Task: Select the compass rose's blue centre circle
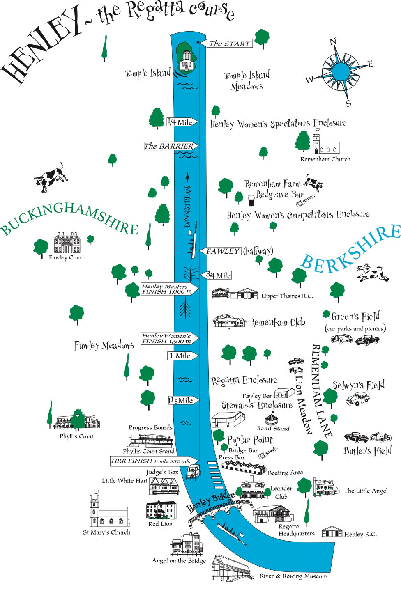341,71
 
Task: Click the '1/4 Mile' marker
181,122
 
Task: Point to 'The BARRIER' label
170,146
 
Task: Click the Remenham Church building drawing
326,145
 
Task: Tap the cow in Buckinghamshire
51,178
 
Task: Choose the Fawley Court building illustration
67,243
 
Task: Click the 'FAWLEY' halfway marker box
222,251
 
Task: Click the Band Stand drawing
272,419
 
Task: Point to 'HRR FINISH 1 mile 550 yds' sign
152,461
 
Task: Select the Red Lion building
161,511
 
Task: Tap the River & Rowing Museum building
230,569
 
